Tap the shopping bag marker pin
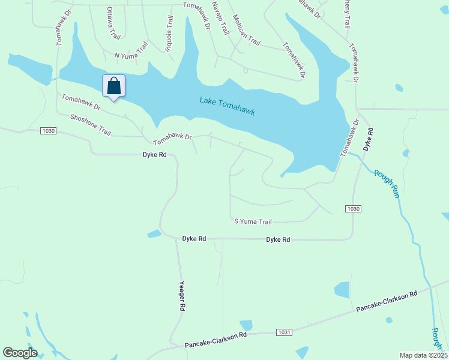tap(113, 86)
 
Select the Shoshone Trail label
tap(91, 125)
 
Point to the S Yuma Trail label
tap(253, 221)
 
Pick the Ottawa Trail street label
tap(112, 23)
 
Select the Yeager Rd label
tap(182, 296)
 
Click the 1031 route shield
tap(285, 332)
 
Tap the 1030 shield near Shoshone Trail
tap(49, 131)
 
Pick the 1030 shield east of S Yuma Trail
tap(353, 208)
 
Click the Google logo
tap(20, 353)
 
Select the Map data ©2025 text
tap(423, 355)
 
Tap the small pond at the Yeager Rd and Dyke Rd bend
tap(154, 233)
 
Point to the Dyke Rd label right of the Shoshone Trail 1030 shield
tap(154, 154)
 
